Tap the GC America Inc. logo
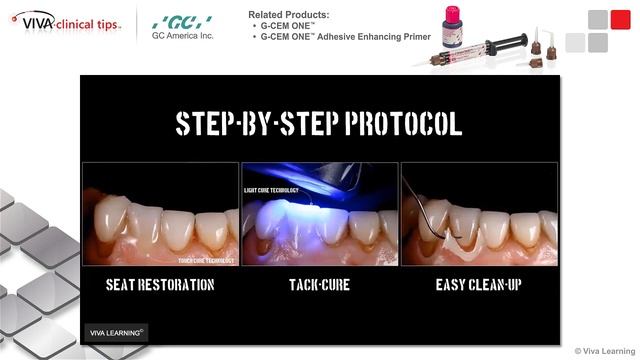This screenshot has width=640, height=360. click(182, 26)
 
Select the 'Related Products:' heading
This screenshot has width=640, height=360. click(289, 14)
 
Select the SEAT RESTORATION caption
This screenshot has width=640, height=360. click(160, 285)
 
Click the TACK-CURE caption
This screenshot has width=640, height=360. click(319, 285)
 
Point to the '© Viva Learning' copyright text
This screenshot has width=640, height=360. click(606, 351)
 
